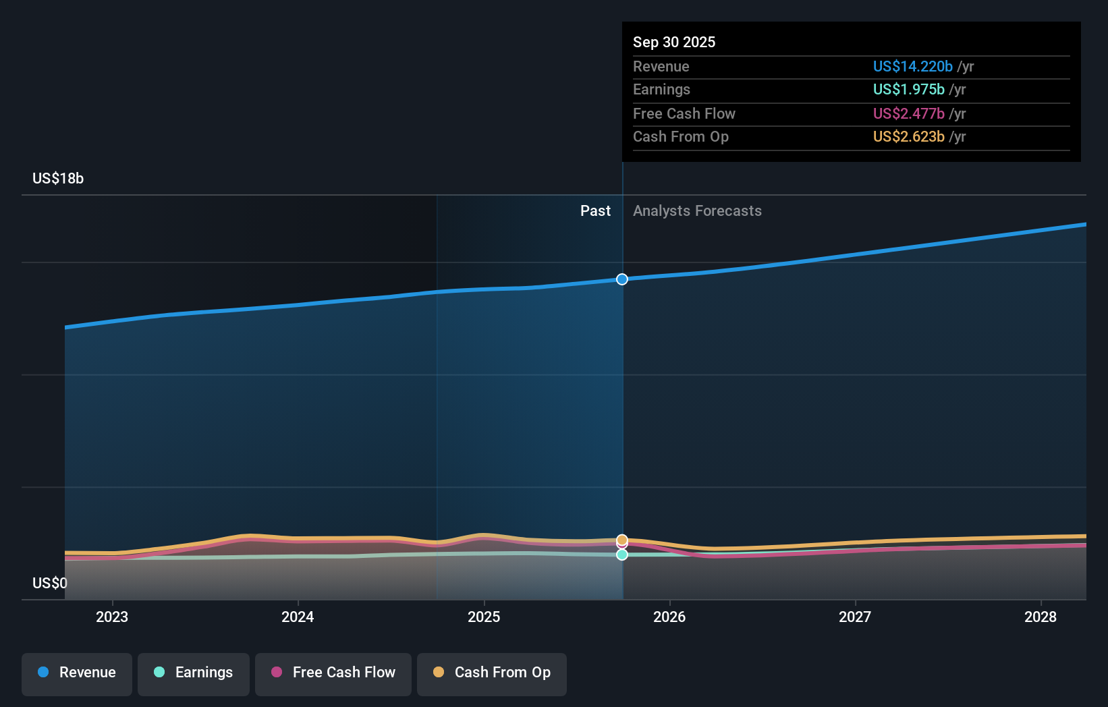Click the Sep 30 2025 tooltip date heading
point(673,42)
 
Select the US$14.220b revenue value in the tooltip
point(912,66)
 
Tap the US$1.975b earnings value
point(908,89)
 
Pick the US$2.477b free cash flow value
point(908,113)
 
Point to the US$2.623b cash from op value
point(908,136)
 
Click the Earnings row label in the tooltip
point(661,89)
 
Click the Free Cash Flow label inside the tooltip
point(684,113)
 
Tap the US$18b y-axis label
point(58,178)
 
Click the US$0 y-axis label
point(49,583)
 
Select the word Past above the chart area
point(595,210)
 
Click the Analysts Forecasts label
point(697,210)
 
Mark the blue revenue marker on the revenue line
point(622,279)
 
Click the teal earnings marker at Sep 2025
point(622,555)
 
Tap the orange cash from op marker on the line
point(622,540)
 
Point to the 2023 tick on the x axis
point(112,617)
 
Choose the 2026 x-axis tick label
point(669,617)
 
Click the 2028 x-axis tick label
point(1041,617)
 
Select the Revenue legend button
point(77,673)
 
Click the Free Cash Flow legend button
point(333,673)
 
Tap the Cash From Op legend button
point(492,673)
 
